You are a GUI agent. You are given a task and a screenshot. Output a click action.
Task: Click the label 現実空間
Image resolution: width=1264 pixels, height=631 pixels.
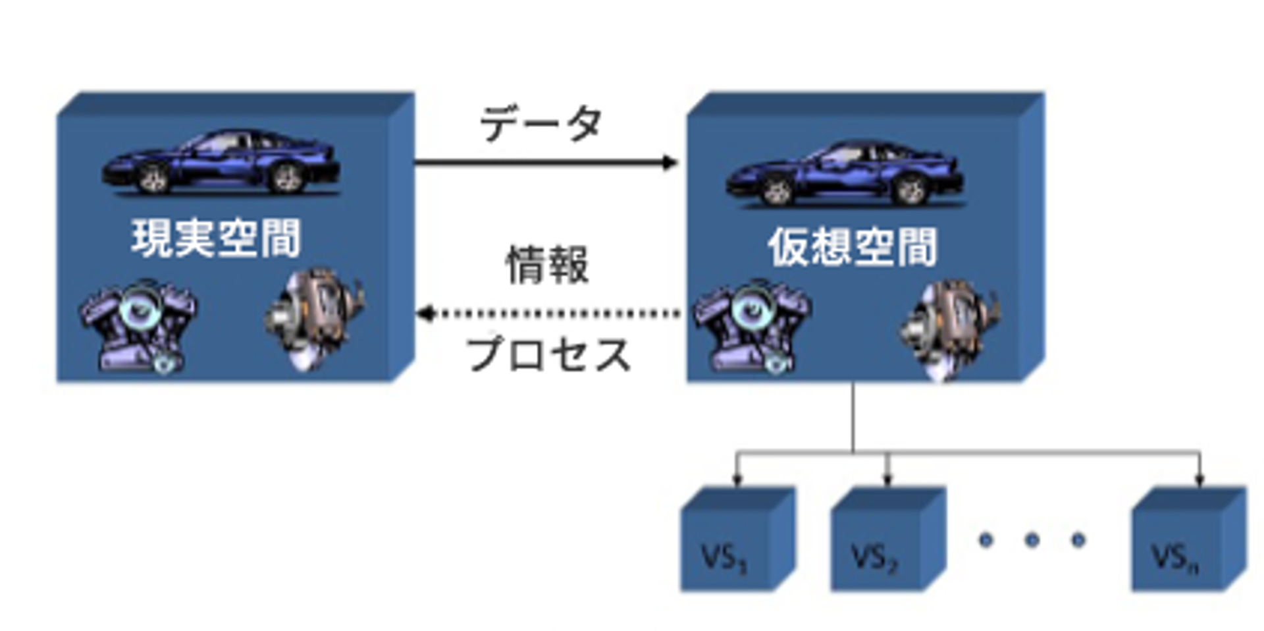click(x=216, y=238)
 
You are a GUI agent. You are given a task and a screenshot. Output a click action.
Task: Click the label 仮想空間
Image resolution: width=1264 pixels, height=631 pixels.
click(x=853, y=248)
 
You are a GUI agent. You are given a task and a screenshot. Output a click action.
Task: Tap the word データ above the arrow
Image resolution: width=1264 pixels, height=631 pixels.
click(x=540, y=124)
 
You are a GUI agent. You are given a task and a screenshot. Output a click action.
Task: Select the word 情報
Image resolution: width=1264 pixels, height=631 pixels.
click(x=546, y=265)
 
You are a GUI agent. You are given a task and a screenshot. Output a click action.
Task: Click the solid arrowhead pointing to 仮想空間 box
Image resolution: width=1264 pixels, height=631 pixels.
click(x=670, y=162)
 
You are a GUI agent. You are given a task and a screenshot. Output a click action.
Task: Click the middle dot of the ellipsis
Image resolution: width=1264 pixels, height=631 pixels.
click(x=1032, y=540)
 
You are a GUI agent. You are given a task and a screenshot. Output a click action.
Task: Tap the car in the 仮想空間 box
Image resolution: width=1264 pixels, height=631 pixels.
click(x=845, y=174)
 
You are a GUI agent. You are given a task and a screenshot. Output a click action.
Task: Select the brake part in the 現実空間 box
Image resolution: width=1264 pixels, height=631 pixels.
click(x=315, y=317)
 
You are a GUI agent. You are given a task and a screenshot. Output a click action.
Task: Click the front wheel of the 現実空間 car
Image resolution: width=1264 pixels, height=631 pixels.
click(x=153, y=178)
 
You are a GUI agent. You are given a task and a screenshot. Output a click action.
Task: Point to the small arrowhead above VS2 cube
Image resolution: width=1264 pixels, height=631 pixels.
click(x=887, y=480)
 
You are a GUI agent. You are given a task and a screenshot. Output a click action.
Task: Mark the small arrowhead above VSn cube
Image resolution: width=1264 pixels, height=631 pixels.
click(x=1199, y=480)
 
